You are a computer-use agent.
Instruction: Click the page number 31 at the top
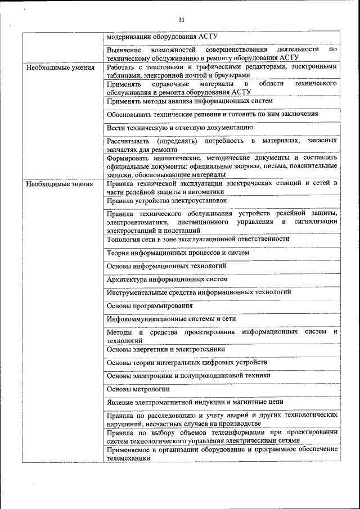[x=181, y=20]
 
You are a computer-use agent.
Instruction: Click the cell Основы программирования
[x=150, y=306]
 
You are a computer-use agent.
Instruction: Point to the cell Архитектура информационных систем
[x=167, y=279]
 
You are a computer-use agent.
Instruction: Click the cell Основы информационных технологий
[x=166, y=265]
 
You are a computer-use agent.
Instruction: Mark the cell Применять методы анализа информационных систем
[x=189, y=101]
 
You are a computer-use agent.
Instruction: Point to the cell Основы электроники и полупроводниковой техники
[x=188, y=375]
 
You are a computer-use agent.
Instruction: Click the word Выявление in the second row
[x=122, y=49]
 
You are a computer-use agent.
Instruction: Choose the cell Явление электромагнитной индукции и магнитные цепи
[x=195, y=402]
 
